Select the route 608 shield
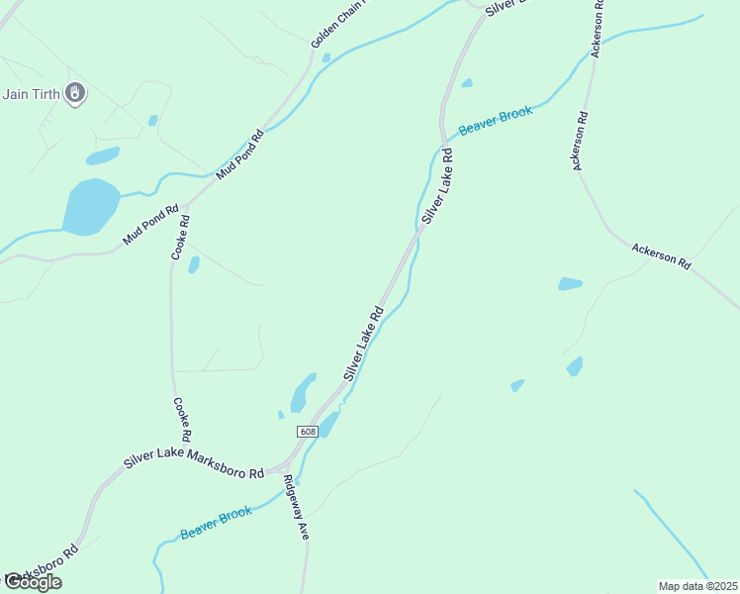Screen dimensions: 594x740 pos(308,432)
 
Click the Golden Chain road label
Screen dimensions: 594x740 pos(338,23)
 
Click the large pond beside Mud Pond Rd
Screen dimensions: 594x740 pos(90,206)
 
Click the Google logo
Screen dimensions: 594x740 pos(33,582)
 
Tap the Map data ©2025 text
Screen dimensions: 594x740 pos(696,585)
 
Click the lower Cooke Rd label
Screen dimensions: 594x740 pos(182,420)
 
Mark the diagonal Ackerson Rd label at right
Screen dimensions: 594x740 pos(660,256)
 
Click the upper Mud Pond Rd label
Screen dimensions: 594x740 pos(241,152)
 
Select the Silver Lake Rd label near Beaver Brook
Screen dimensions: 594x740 pos(436,185)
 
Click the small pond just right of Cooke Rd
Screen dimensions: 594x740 pos(194,264)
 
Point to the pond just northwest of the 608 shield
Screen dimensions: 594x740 pos(303,393)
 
